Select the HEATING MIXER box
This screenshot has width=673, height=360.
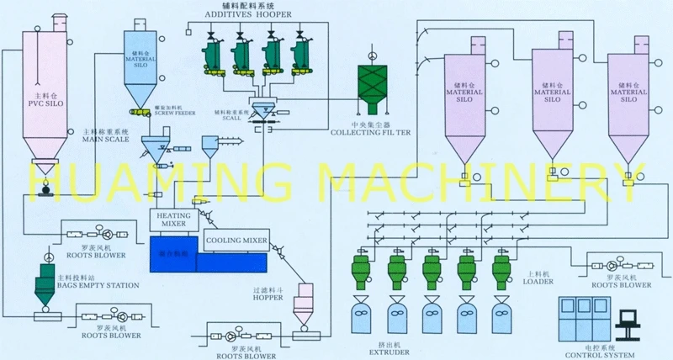pos(174,219)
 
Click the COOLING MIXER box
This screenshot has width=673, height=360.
pos(236,241)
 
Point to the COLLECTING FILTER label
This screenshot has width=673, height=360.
pos(370,132)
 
